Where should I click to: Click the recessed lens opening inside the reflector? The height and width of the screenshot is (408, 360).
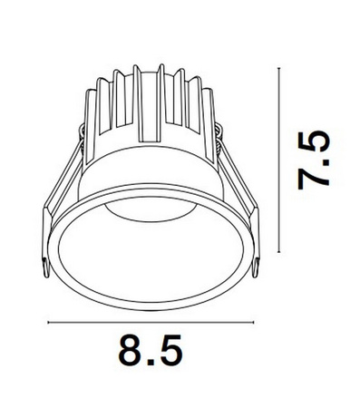(150, 208)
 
